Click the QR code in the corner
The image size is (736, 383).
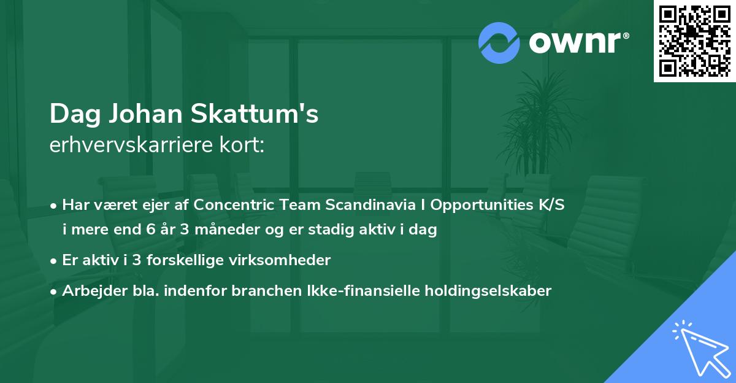click(x=695, y=41)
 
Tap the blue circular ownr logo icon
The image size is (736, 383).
click(x=499, y=43)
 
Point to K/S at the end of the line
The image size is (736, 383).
click(x=548, y=206)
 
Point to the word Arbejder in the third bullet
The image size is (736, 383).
click(x=89, y=290)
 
